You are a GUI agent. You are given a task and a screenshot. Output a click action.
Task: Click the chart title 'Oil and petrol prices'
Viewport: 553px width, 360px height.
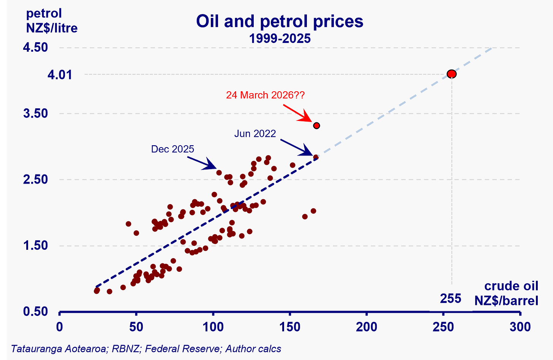click(280, 22)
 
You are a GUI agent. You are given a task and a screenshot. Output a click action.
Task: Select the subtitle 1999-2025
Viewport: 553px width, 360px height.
click(280, 38)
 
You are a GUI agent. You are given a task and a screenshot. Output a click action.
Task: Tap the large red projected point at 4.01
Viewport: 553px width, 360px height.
click(451, 74)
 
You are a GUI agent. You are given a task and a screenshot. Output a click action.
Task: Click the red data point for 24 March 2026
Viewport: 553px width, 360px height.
click(316, 125)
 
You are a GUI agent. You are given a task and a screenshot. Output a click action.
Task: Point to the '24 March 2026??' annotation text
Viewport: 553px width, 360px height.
click(265, 95)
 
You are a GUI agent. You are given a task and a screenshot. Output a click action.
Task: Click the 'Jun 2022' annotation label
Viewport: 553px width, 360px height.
click(255, 133)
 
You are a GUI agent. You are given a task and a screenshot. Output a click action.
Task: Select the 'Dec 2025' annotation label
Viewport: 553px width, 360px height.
click(172, 149)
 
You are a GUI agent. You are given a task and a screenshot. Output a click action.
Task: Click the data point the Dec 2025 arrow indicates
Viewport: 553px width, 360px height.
click(219, 173)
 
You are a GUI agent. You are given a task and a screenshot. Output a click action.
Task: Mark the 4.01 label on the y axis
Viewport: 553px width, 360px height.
click(60, 75)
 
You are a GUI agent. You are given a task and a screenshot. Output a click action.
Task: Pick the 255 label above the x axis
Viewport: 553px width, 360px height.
click(451, 299)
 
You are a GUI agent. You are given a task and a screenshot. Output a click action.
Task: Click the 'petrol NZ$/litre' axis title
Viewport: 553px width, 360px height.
click(51, 21)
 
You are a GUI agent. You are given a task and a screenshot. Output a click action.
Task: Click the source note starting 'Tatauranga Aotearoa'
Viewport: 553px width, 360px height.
click(146, 349)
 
